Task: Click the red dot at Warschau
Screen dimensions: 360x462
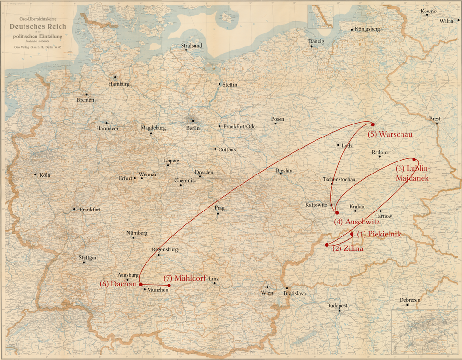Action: tap(373, 124)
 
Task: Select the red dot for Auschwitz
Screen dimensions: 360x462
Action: tap(337, 213)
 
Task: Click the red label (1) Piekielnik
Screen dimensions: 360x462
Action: tap(378, 234)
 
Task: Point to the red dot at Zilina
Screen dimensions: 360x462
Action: tap(327, 245)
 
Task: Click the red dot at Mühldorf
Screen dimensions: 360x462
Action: tap(169, 286)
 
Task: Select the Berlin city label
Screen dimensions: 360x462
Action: tap(193, 128)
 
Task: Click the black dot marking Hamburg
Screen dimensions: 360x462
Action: tap(115, 77)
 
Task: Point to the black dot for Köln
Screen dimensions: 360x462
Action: tap(35, 174)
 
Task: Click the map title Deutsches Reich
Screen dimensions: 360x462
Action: tap(37, 26)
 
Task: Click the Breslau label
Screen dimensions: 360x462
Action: tap(284, 171)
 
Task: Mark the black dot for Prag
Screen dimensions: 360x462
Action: tap(218, 214)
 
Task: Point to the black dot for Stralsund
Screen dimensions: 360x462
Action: tap(186, 50)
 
